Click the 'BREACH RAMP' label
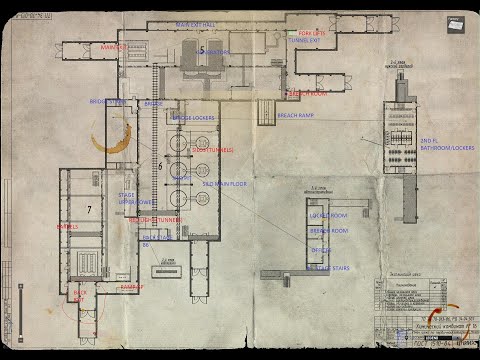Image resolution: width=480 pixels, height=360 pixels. point(298,115)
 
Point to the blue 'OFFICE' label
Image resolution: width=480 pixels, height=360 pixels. point(321,250)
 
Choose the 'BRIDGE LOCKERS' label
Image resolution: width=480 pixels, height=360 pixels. point(194,118)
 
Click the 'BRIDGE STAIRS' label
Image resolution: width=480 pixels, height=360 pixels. point(107,101)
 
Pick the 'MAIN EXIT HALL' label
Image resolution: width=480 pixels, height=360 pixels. point(198,24)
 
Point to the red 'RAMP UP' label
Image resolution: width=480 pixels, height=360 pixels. point(133,286)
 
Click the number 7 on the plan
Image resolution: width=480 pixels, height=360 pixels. point(89,209)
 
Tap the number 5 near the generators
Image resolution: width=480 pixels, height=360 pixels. point(202,49)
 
